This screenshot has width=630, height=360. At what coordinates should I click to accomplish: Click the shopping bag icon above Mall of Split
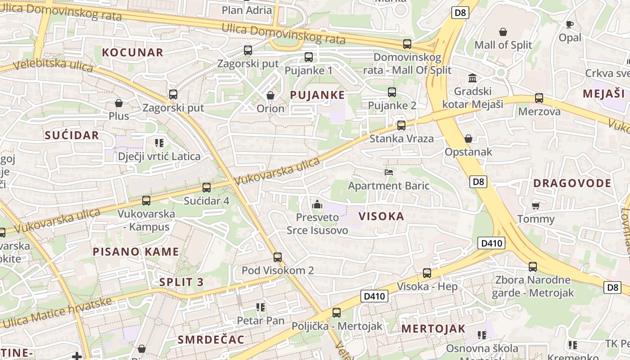click(503, 32)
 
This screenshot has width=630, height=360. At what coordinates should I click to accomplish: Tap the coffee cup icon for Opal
click(570, 24)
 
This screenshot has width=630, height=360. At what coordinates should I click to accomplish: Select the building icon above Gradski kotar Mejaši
click(472, 78)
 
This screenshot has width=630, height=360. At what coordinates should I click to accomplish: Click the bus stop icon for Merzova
click(539, 98)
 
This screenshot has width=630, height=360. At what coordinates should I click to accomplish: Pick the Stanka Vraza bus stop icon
click(401, 125)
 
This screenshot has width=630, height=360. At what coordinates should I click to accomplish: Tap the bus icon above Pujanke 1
click(308, 57)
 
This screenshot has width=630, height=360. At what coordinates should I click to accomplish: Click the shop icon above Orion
click(270, 95)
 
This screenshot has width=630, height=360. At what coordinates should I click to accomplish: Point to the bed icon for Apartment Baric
click(389, 172)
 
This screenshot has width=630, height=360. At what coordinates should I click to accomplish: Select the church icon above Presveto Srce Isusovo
click(317, 204)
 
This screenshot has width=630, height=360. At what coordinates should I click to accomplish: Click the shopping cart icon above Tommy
click(535, 206)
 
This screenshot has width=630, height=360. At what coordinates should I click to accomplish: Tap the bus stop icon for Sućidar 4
click(207, 187)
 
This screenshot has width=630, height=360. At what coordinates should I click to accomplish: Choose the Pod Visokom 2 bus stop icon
click(278, 257)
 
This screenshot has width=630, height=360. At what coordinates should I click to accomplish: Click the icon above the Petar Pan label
click(261, 307)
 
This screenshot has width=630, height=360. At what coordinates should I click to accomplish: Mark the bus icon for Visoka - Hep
click(427, 273)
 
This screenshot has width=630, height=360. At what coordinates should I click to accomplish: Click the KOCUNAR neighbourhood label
click(133, 53)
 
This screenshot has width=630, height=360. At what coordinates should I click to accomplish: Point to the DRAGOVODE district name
click(572, 183)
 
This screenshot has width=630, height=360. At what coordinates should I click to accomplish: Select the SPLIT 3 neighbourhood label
click(181, 282)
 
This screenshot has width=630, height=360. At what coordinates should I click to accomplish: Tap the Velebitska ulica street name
click(53, 66)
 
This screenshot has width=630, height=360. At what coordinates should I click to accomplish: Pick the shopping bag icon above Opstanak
click(468, 139)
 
